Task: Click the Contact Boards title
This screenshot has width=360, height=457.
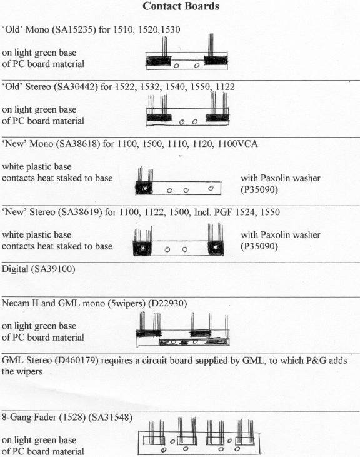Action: pos(181,6)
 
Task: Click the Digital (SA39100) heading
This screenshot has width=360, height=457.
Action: pos(39,269)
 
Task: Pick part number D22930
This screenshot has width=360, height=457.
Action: pos(167,303)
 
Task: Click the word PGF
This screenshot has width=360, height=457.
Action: pos(223,212)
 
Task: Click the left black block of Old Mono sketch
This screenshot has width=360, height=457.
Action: pos(158,61)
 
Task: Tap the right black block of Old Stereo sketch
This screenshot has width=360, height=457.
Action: pos(217,118)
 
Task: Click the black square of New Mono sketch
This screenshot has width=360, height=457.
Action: pos(144,188)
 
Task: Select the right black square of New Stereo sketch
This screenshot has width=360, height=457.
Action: pos(216,248)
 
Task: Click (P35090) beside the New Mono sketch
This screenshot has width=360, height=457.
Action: pos(259,189)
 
